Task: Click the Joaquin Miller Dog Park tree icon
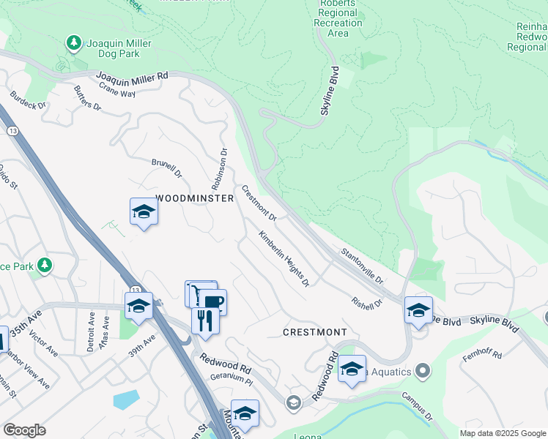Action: coord(73,43)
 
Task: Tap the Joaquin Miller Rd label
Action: coord(132,76)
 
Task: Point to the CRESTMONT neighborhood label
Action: coord(315,332)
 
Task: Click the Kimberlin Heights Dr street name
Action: coord(284,258)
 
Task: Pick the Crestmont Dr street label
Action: coord(259,203)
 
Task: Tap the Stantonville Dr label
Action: coord(362,266)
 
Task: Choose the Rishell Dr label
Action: coord(367,302)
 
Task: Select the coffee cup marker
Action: coord(214,301)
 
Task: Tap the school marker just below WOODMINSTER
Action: coord(144,212)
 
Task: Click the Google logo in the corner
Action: coord(24,430)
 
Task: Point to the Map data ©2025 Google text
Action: coord(503,433)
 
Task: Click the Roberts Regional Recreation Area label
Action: coord(338,18)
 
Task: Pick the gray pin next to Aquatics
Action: coord(421,372)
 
